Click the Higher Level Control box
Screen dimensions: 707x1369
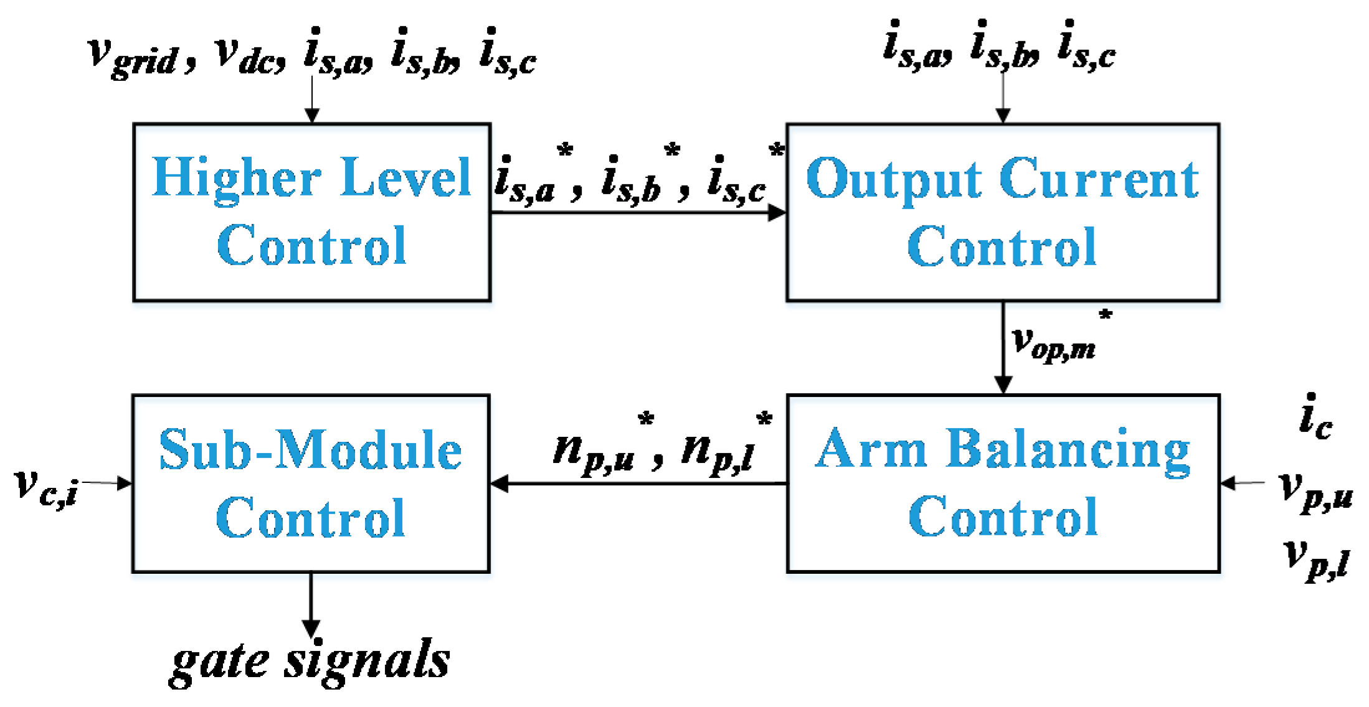tap(311, 212)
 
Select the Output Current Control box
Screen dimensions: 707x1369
tap(1002, 212)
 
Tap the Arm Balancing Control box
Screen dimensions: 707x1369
tap(1002, 483)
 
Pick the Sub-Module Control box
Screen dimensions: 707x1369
tap(310, 483)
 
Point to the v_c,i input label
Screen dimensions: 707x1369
tap(47, 485)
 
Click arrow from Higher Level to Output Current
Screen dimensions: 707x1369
tap(638, 213)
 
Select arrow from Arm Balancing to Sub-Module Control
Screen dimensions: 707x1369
tap(638, 483)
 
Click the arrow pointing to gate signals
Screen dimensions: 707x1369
tap(310, 604)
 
